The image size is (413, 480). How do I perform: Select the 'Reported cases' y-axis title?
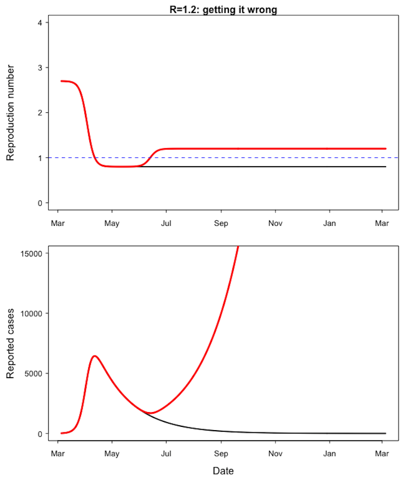tap(10, 344)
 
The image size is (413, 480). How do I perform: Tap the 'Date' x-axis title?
tap(223, 470)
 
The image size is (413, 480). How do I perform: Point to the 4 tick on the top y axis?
tap(40, 22)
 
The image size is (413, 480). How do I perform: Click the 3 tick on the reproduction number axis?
tap(40, 67)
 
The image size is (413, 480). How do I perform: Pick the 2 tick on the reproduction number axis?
tap(40, 113)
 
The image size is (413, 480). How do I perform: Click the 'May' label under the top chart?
tap(112, 224)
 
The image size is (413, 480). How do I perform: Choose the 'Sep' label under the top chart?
tap(221, 224)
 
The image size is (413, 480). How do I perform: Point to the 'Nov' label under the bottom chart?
tap(276, 454)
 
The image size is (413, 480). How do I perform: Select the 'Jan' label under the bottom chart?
tap(329, 454)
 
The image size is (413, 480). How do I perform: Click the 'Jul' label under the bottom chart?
tap(167, 454)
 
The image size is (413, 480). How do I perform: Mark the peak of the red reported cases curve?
tap(95, 356)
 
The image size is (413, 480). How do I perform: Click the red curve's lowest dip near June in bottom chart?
tap(151, 413)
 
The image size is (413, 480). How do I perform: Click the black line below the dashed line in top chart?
tap(274, 167)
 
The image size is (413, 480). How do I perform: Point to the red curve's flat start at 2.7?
tap(65, 81)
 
